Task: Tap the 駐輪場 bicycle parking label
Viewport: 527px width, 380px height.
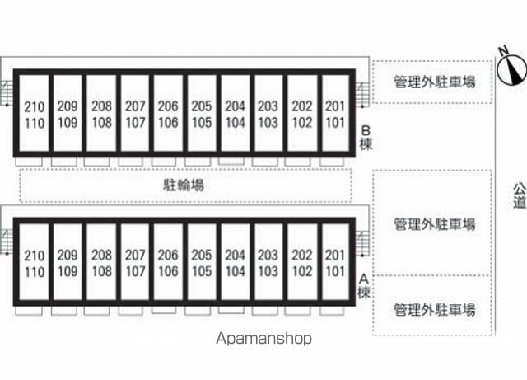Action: tap(184, 185)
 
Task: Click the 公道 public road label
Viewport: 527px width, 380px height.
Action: tap(520, 195)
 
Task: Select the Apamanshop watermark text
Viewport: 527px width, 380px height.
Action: tap(263, 339)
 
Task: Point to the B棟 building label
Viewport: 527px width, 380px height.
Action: tap(366, 138)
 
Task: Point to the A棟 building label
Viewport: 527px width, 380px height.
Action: tap(364, 286)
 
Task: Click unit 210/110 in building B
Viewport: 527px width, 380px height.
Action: tap(35, 113)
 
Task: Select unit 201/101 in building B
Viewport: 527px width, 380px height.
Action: tap(335, 113)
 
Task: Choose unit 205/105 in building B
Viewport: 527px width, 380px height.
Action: tap(202, 113)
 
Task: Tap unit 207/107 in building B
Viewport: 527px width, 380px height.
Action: tap(135, 113)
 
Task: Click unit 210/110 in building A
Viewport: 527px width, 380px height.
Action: tap(35, 261)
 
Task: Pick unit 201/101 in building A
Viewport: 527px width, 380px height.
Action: tap(335, 261)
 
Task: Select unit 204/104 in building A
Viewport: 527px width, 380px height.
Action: tap(236, 261)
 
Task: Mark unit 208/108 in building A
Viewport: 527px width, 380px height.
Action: tap(101, 261)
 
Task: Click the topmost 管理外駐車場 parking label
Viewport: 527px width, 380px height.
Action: tap(435, 82)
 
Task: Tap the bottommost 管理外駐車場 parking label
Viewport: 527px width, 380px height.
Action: tap(435, 310)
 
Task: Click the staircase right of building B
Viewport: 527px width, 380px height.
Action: tap(362, 95)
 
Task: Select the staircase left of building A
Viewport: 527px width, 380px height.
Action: tap(7, 242)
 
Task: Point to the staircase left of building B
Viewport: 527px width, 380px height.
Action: tap(7, 93)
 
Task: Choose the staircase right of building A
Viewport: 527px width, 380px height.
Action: tap(362, 243)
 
